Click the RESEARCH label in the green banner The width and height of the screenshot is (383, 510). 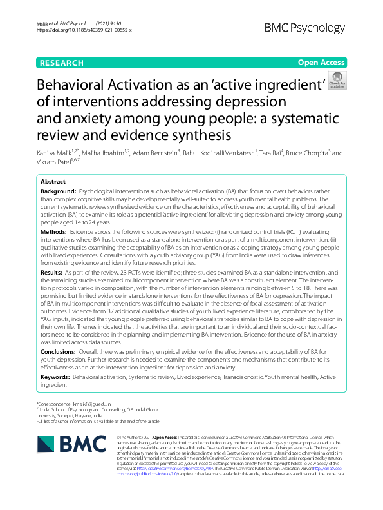click(x=62, y=63)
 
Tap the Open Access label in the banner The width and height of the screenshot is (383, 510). click(x=321, y=63)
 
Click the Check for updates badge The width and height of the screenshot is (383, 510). click(x=337, y=81)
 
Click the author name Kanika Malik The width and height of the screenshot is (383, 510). click(x=56, y=153)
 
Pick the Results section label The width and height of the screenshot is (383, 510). click(x=52, y=273)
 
